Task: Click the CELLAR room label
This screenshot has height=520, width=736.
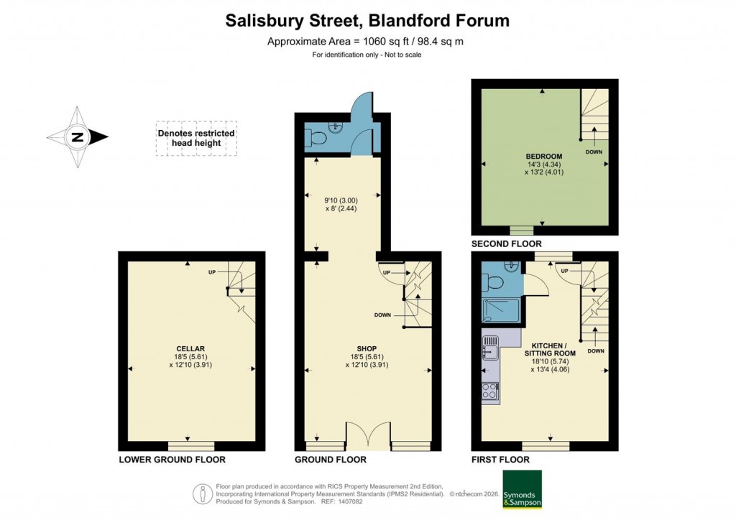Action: (190, 349)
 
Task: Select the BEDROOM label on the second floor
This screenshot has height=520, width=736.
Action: (543, 156)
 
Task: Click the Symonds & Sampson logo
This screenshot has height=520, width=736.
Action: (522, 489)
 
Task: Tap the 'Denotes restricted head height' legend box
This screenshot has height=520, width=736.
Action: (195, 138)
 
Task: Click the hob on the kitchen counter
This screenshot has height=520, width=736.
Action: (490, 391)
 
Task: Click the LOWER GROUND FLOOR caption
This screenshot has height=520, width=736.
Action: (172, 460)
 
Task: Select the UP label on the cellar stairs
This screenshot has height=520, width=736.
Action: (212, 272)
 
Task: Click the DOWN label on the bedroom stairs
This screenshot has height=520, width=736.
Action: (594, 152)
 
